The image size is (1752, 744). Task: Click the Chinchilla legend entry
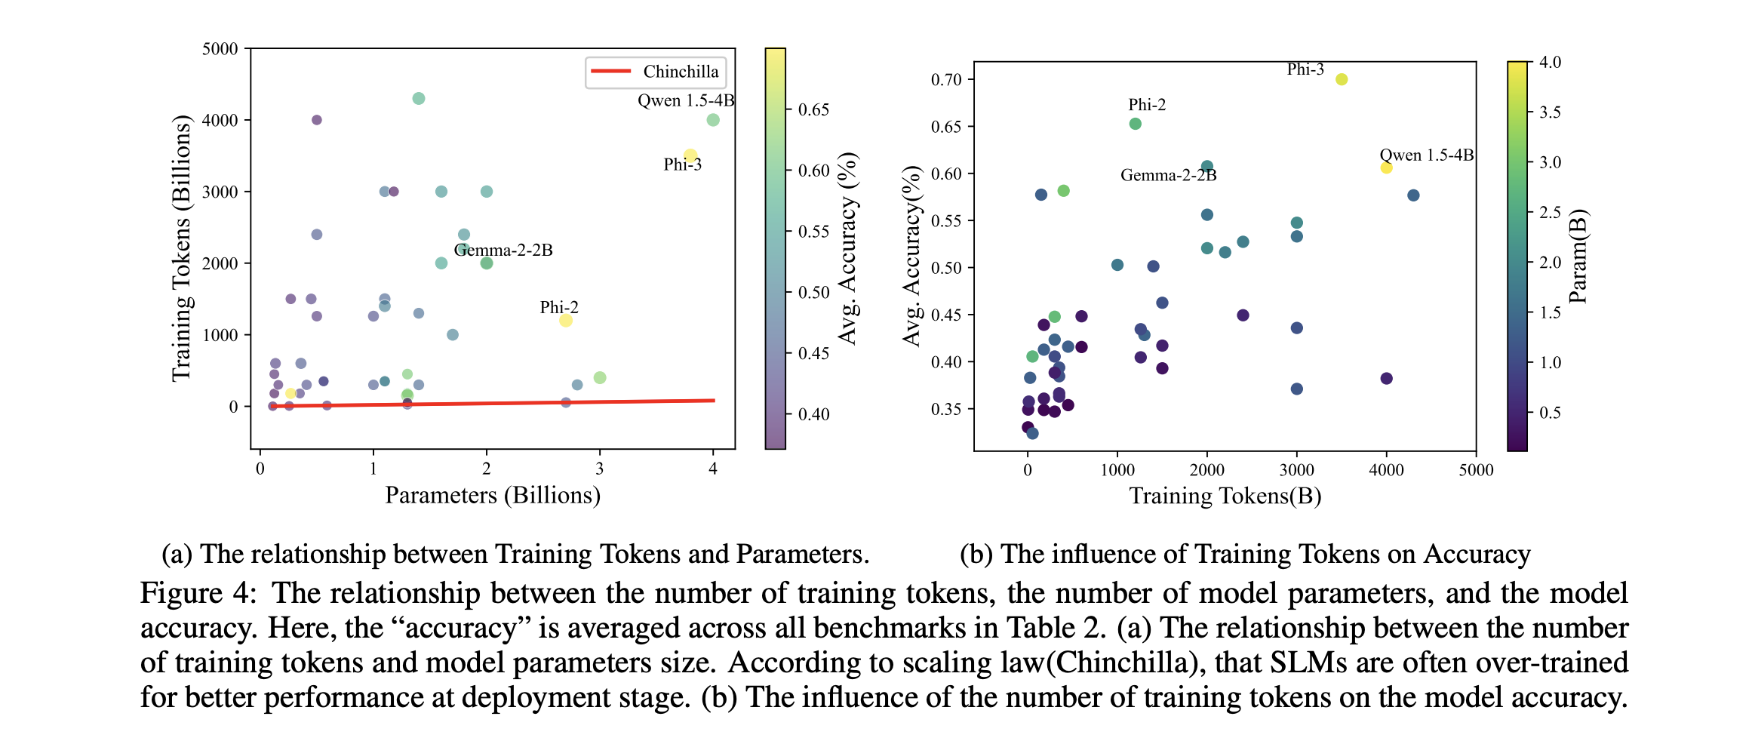655,72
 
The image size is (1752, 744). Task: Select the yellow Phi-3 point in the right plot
1341,79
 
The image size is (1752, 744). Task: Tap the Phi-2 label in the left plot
559,307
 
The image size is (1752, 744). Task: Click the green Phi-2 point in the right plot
1135,124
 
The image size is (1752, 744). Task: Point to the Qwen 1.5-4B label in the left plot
685,100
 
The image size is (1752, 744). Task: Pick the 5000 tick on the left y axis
220,49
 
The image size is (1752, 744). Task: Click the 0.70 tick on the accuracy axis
945,79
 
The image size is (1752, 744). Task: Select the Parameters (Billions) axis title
492,495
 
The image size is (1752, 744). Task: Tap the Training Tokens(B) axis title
1225,496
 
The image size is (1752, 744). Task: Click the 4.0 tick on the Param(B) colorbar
1550,62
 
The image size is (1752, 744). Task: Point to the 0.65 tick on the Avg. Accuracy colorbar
813,109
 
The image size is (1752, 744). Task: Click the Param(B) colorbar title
1578,256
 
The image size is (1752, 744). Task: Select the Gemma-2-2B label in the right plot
1168,175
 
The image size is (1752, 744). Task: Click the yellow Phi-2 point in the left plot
565,321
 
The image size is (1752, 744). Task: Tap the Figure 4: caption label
198,593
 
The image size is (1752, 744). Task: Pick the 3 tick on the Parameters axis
599,469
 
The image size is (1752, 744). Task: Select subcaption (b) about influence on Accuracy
1244,554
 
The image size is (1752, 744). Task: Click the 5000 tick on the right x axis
1475,470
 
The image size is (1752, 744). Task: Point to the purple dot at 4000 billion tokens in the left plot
316,120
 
